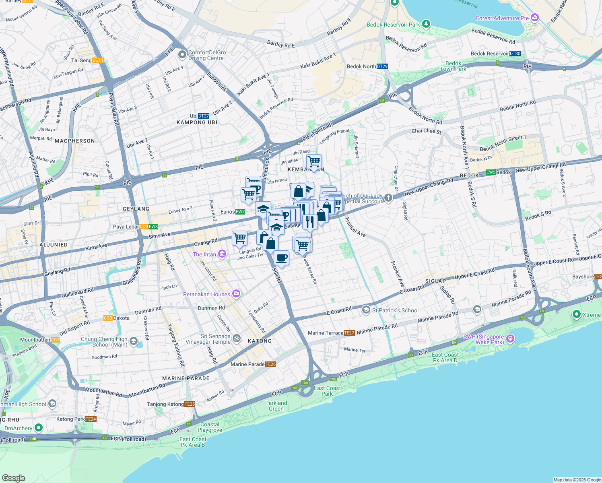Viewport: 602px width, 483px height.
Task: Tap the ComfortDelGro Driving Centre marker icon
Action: pyautogui.click(x=182, y=54)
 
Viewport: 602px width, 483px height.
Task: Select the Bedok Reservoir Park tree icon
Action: pyautogui.click(x=426, y=24)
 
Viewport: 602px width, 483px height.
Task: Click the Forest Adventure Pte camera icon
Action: pyautogui.click(x=535, y=18)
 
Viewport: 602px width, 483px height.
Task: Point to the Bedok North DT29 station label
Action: pyautogui.click(x=367, y=66)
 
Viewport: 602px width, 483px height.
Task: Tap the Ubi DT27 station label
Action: pyautogui.click(x=200, y=116)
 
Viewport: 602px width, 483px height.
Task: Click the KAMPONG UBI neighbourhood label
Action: pyautogui.click(x=197, y=122)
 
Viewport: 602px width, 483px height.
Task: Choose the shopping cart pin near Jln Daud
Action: pyautogui.click(x=314, y=162)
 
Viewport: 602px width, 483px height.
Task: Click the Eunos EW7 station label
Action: pyautogui.click(x=233, y=212)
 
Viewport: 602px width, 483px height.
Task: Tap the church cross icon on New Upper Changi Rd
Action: pyautogui.click(x=388, y=198)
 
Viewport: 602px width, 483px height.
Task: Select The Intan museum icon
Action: pyautogui.click(x=222, y=254)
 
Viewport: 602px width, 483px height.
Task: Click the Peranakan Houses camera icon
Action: pyautogui.click(x=236, y=294)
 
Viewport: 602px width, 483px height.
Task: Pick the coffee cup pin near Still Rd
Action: pyautogui.click(x=281, y=258)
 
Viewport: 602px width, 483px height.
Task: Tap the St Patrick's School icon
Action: pyautogui.click(x=366, y=310)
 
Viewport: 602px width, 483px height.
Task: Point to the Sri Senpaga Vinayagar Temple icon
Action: pyautogui.click(x=236, y=338)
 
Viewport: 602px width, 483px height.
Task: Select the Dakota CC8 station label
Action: pyautogui.click(x=116, y=318)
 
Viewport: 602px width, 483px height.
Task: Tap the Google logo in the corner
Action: pyautogui.click(x=14, y=478)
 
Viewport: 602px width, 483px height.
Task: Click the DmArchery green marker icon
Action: pyautogui.click(x=39, y=428)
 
